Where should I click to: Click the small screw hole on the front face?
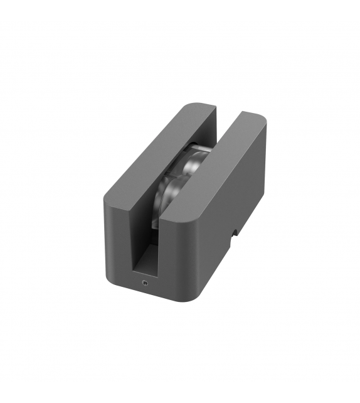pos(144,283)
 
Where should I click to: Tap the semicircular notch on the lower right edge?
pos(236,233)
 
